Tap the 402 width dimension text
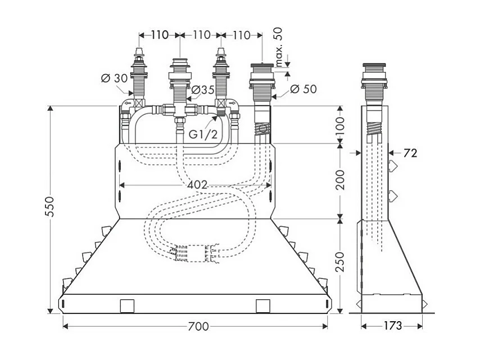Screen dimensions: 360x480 click(x=197, y=184)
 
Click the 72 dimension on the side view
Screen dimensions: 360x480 click(x=410, y=152)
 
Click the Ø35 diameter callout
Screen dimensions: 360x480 click(x=202, y=89)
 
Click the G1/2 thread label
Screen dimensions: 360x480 click(x=201, y=135)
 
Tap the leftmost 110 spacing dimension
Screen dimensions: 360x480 click(x=159, y=35)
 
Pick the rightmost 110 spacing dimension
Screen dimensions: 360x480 click(x=241, y=35)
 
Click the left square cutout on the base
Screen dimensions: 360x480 click(x=126, y=305)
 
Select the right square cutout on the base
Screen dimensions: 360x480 click(x=263, y=305)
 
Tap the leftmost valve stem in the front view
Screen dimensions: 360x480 click(x=138, y=73)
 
